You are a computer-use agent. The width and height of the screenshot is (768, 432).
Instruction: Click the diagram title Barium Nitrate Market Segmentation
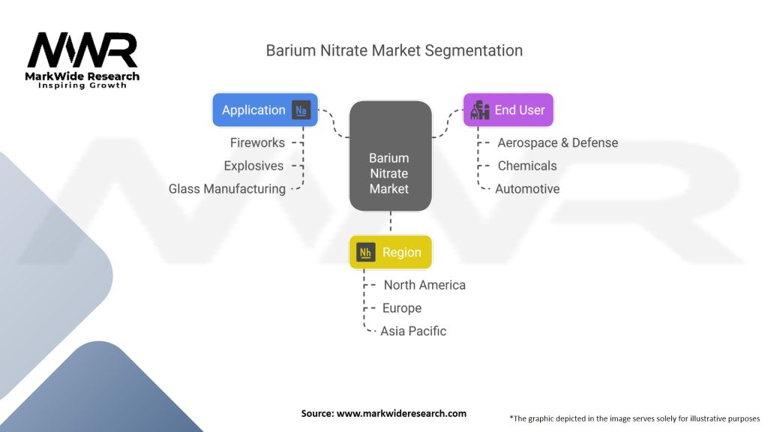[394, 51]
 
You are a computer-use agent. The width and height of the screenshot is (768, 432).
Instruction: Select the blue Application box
[265, 109]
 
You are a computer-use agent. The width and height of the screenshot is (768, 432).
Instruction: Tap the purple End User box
[508, 109]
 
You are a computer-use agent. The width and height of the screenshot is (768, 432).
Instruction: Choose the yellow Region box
[390, 252]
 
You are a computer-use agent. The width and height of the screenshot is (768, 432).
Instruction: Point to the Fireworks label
[257, 142]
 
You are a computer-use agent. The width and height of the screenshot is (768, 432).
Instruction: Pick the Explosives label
[253, 166]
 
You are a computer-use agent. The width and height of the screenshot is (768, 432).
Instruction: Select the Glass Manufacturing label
[227, 189]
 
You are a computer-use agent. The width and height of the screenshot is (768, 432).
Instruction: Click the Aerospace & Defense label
[557, 142]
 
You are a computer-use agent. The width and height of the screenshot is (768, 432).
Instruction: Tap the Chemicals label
[527, 166]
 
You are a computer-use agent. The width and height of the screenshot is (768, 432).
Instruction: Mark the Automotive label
[527, 189]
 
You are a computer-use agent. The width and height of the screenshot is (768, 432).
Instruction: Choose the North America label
[424, 285]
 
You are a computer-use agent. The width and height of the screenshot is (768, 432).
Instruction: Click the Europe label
[402, 308]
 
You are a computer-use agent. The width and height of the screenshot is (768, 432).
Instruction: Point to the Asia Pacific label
[413, 331]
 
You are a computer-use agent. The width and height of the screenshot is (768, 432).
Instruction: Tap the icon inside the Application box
[301, 109]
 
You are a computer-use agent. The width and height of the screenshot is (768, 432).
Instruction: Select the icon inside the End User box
[479, 110]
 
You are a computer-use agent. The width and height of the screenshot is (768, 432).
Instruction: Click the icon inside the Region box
[366, 252]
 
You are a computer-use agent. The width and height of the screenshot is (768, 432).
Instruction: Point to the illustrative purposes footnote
[634, 418]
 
